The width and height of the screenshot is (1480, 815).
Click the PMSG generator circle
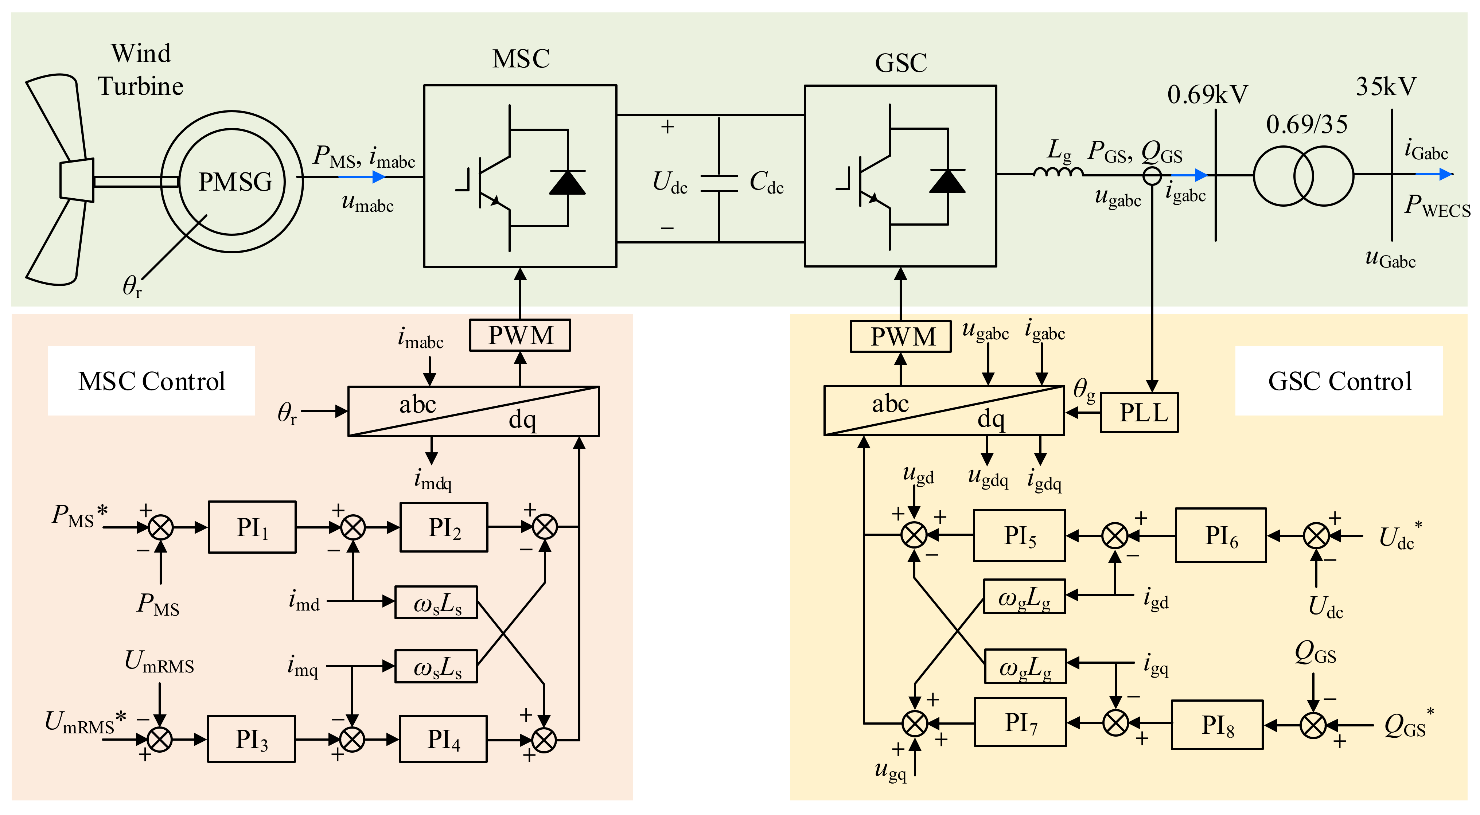click(232, 182)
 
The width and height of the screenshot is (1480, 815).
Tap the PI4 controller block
click(443, 739)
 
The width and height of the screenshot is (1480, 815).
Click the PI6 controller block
click(1220, 535)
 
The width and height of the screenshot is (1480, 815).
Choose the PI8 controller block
click(1217, 725)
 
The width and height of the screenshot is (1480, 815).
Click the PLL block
click(1139, 412)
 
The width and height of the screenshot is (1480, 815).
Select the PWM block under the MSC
click(520, 335)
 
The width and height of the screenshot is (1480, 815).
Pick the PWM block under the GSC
click(900, 336)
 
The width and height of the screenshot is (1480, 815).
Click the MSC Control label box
click(151, 381)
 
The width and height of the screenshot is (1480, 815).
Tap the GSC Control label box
click(1339, 381)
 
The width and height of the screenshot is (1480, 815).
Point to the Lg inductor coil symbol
click(1058, 171)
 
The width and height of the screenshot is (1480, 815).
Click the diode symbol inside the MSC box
click(567, 182)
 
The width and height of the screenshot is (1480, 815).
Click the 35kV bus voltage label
click(1386, 87)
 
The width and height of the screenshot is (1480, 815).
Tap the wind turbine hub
click(77, 180)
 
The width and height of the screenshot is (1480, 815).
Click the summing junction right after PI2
click(545, 527)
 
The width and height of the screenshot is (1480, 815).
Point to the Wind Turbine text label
click(141, 70)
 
